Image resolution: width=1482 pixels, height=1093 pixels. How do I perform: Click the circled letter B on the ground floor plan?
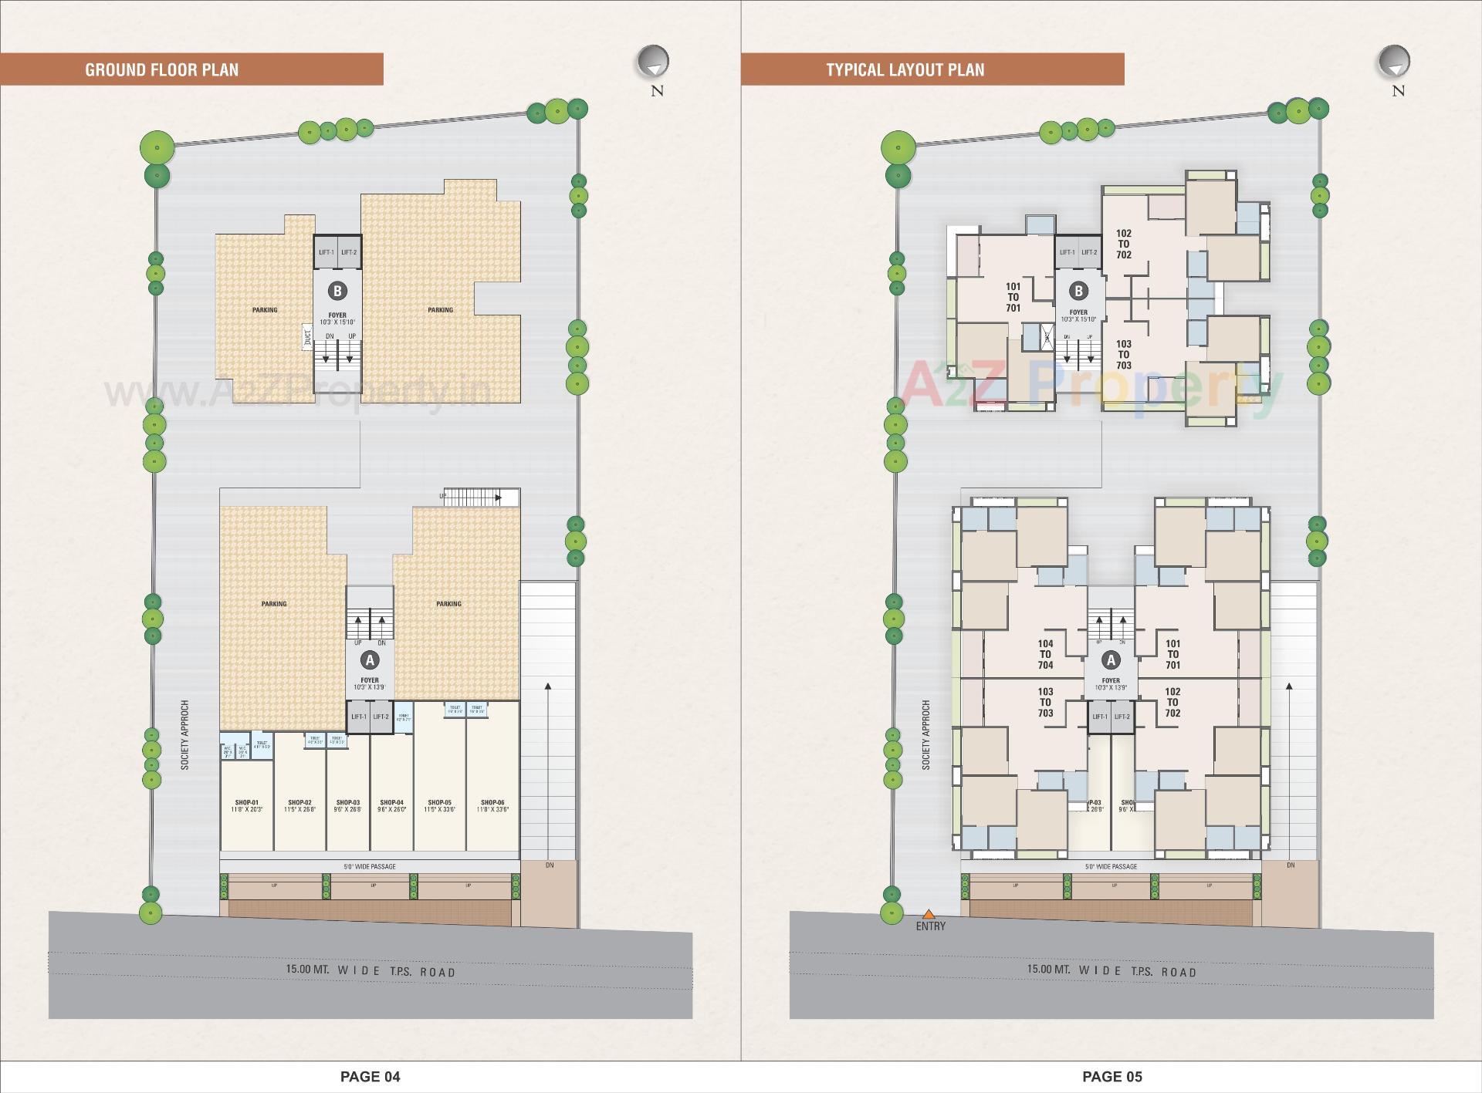(x=337, y=291)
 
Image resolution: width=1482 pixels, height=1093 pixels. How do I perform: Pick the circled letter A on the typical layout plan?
(x=1111, y=660)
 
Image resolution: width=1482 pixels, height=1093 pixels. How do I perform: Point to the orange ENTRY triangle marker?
(x=929, y=914)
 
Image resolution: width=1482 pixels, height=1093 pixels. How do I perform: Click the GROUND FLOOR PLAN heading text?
(x=161, y=69)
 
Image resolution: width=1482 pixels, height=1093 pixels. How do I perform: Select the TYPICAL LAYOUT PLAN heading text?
(x=905, y=69)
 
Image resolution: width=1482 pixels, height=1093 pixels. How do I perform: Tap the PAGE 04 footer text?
(x=370, y=1076)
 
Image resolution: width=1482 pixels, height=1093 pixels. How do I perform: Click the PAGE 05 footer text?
(x=1111, y=1076)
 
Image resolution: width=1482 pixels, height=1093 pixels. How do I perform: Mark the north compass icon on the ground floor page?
(x=653, y=62)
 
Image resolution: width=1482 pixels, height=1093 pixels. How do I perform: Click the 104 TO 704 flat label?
(x=1045, y=654)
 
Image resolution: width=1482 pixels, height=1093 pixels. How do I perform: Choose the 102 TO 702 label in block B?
(x=1123, y=244)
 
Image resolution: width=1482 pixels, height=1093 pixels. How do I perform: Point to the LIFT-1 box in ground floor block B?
(x=326, y=252)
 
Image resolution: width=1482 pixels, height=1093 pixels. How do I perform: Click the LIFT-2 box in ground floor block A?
(x=381, y=717)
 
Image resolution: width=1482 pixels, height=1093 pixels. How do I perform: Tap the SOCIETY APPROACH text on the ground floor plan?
(x=185, y=734)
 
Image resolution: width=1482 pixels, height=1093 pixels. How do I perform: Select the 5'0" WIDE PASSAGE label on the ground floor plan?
(x=370, y=866)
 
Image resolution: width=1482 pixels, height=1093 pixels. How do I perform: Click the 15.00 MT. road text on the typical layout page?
(x=1048, y=969)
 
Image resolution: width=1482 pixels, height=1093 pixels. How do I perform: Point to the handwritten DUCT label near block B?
(x=306, y=336)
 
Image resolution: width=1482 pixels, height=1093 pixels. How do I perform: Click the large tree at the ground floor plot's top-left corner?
(x=157, y=146)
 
